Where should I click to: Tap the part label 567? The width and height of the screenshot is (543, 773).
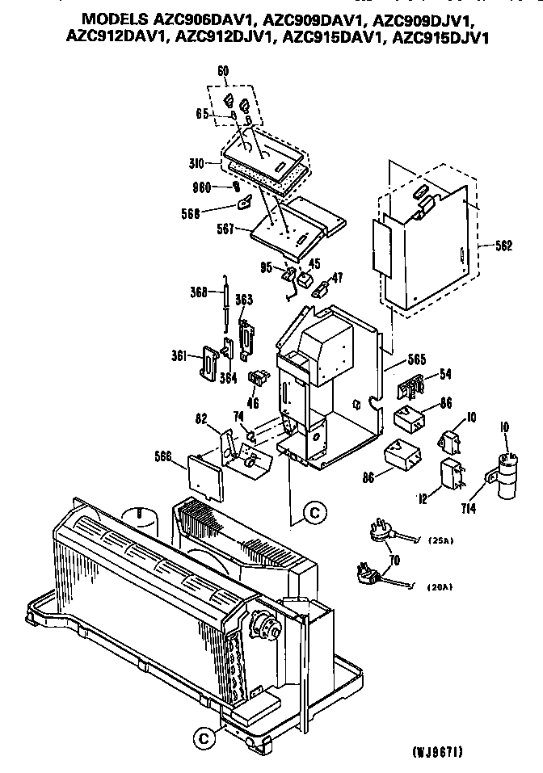coord(226,229)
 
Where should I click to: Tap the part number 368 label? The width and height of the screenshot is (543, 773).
coord(201,292)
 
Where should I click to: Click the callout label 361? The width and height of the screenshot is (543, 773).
coord(178,354)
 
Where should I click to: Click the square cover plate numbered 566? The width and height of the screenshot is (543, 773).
coord(204,477)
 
